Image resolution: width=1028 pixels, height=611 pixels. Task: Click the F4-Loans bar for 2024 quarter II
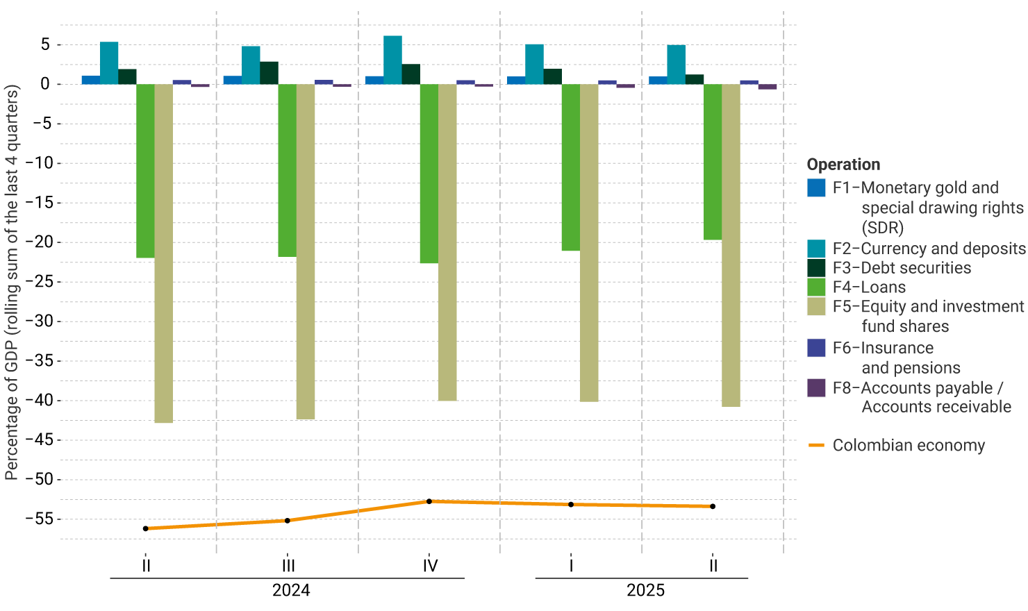[145, 171]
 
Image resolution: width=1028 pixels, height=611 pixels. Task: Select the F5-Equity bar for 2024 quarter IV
[447, 242]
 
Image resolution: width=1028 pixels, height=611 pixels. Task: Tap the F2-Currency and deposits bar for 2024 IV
[392, 60]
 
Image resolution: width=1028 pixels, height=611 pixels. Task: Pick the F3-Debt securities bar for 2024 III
[269, 73]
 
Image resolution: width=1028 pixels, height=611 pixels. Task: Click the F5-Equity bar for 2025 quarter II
[731, 245]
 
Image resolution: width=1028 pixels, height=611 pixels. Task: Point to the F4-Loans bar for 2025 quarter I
[571, 167]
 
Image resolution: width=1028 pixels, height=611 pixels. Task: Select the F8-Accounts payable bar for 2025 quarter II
[768, 87]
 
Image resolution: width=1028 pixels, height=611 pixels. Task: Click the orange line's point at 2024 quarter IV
[429, 501]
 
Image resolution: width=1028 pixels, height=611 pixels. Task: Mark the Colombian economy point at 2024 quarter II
[146, 528]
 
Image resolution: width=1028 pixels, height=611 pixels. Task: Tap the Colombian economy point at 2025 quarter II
[713, 506]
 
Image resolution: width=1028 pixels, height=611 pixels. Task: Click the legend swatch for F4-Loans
[816, 287]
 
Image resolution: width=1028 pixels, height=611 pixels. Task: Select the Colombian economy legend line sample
[816, 445]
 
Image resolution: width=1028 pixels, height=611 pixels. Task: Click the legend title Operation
[843, 165]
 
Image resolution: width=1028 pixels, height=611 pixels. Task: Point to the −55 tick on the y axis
[40, 519]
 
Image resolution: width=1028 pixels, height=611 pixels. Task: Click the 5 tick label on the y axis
[45, 45]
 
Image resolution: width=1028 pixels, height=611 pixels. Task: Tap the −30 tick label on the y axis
[40, 321]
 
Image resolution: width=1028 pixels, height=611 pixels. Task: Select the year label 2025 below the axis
[645, 590]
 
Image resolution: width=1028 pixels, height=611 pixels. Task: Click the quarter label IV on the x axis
[430, 566]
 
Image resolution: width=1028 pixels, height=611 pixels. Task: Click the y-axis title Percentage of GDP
[12, 283]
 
